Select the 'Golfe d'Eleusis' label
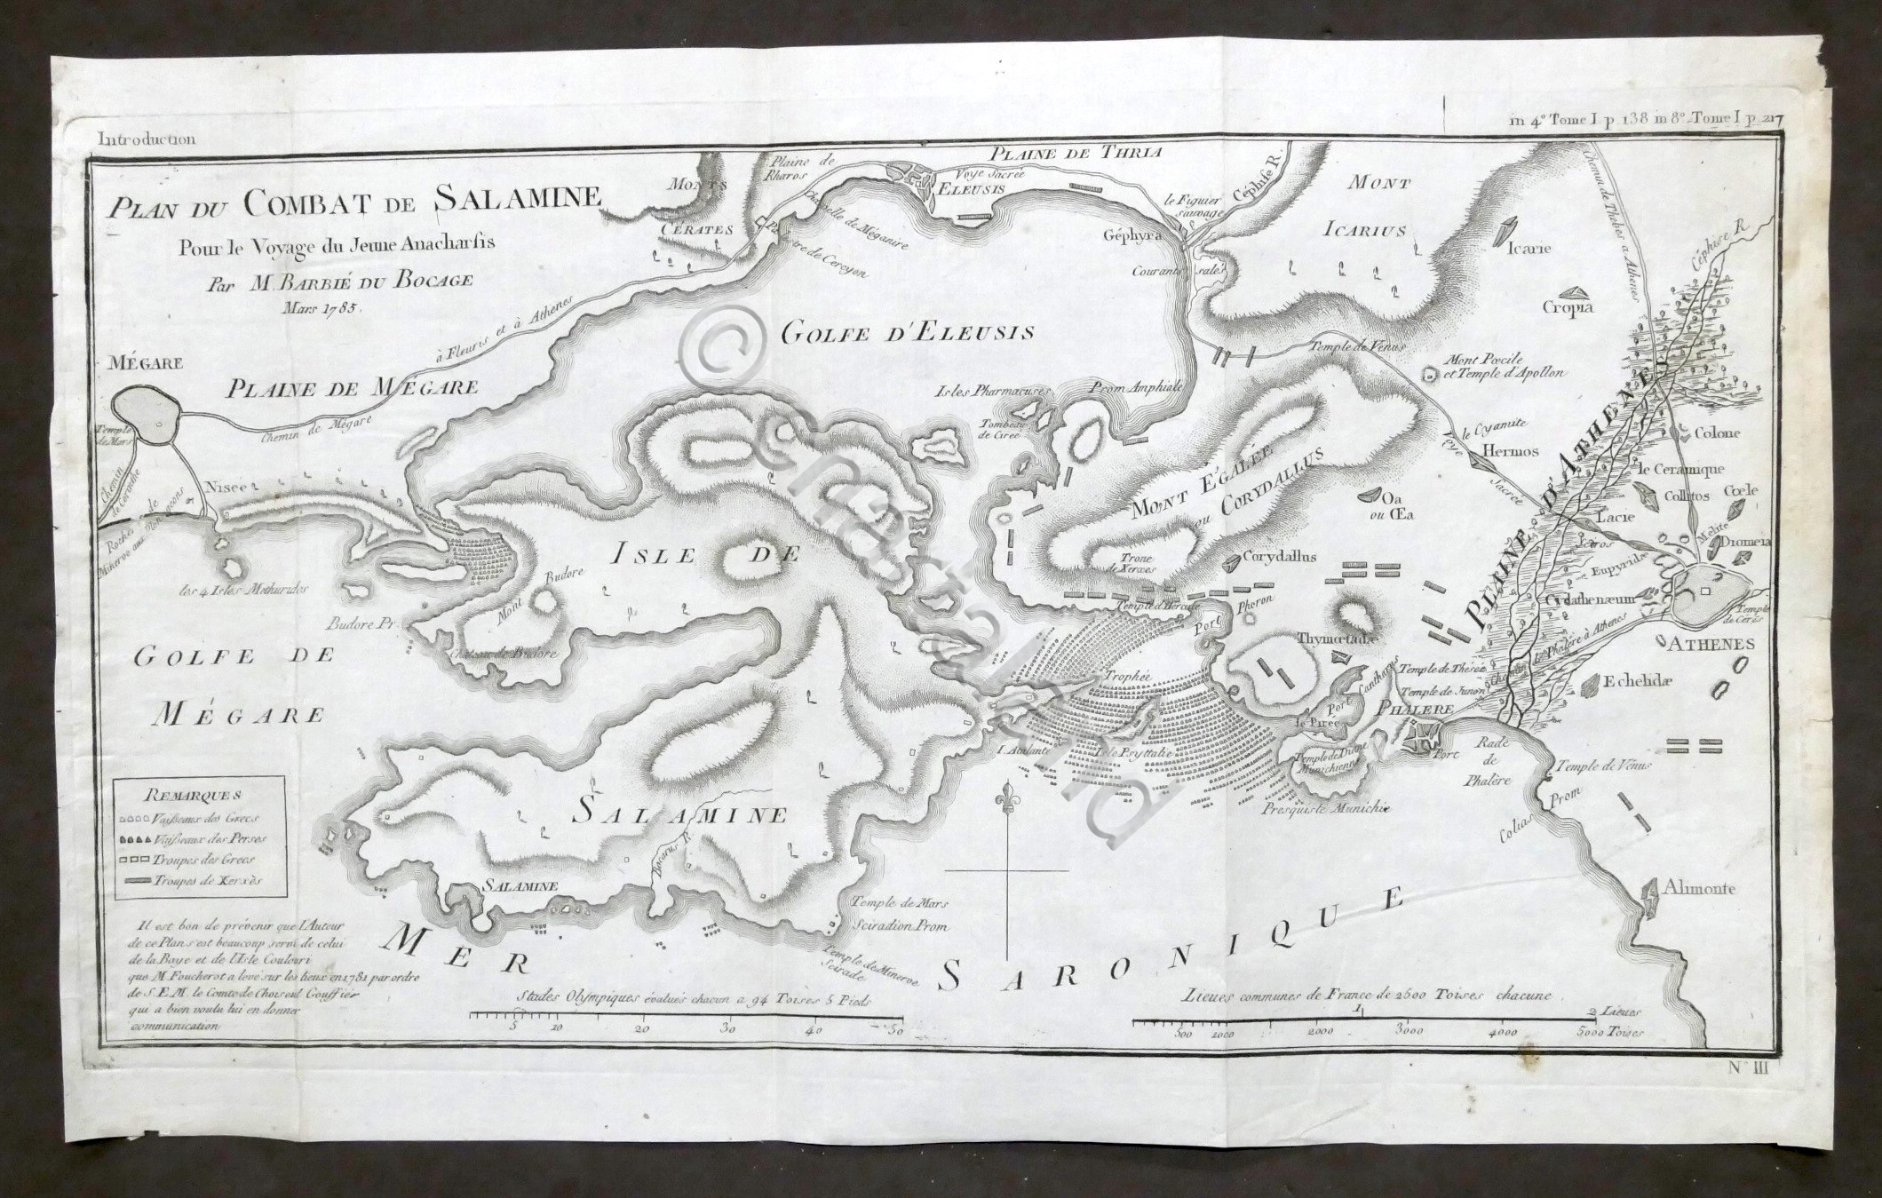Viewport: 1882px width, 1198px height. tap(907, 333)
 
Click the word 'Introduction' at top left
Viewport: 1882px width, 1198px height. tap(147, 139)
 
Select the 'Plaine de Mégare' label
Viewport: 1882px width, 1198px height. tap(351, 387)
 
